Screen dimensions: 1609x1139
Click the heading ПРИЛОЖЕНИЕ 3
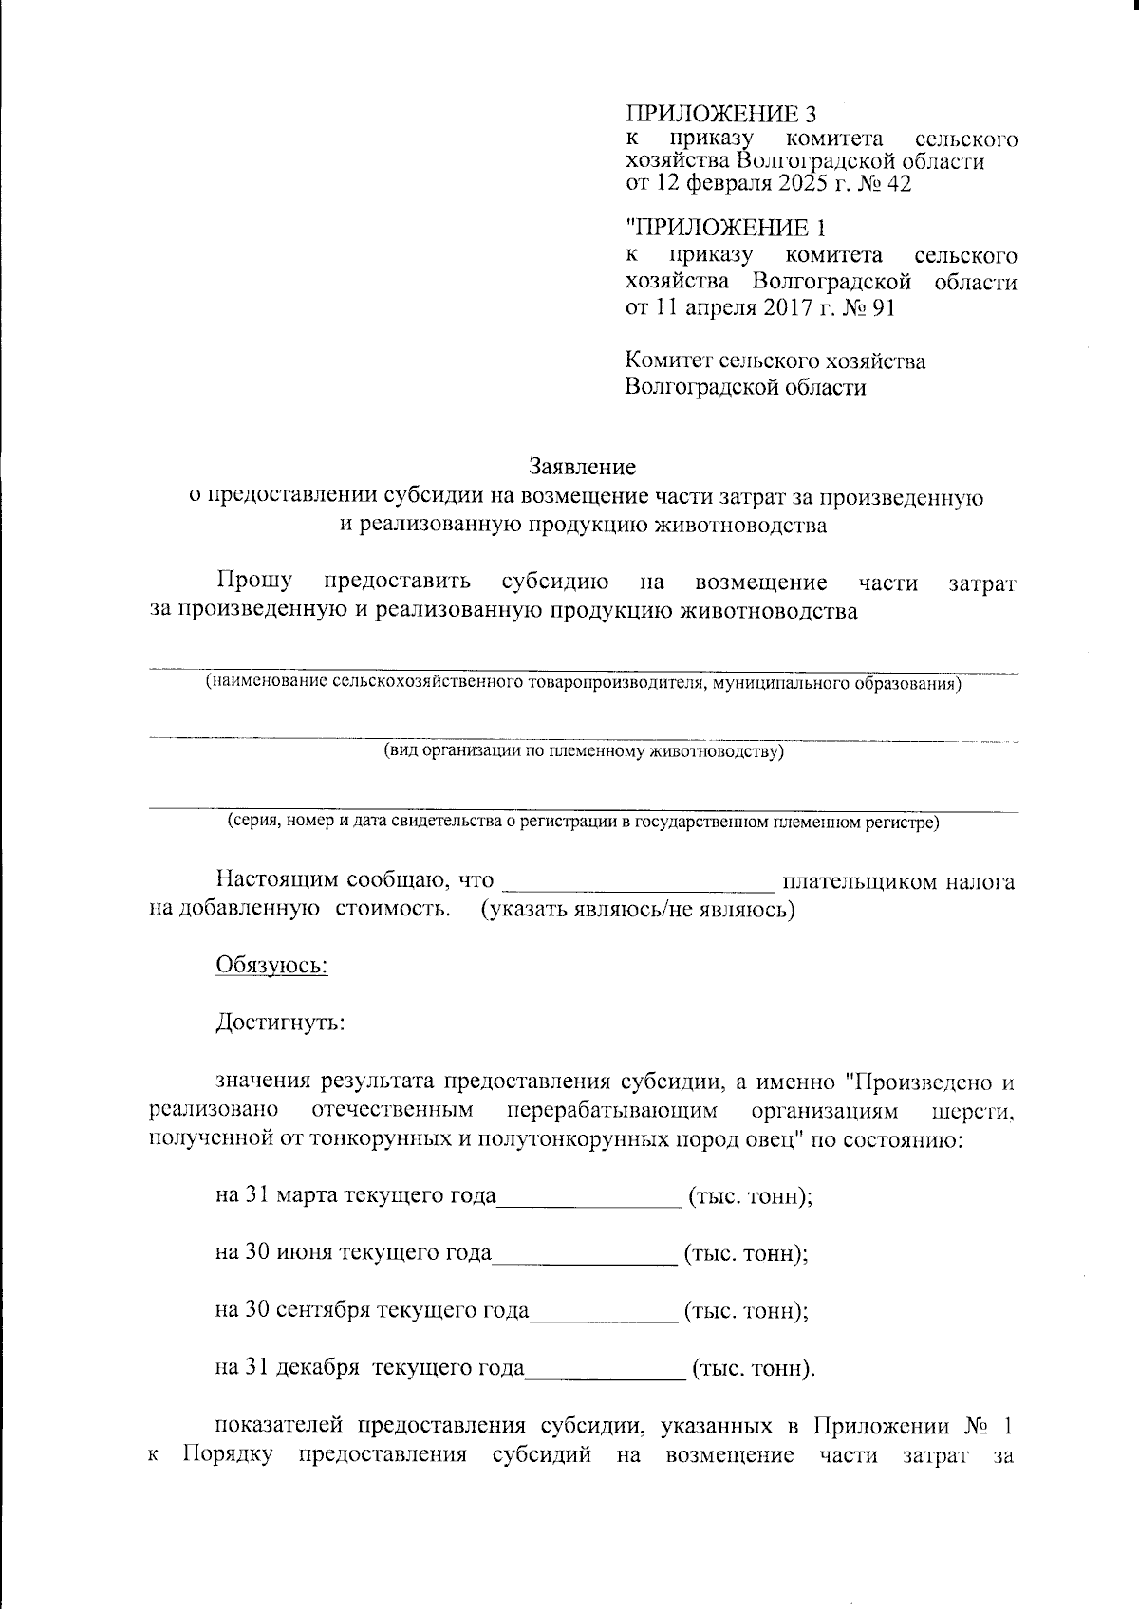[719, 115]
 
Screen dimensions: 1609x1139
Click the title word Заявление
[582, 467]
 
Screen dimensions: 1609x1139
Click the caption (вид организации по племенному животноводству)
[583, 751]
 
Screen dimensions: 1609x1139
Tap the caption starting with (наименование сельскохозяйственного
[583, 682]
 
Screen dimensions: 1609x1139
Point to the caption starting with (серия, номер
[583, 822]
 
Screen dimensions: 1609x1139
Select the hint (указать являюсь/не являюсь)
[637, 911]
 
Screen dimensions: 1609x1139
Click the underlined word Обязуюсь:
[272, 967]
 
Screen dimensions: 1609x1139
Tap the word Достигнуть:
[280, 1024]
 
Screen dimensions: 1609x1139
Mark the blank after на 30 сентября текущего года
[604, 1313]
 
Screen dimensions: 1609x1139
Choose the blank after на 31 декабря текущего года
[605, 1370]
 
